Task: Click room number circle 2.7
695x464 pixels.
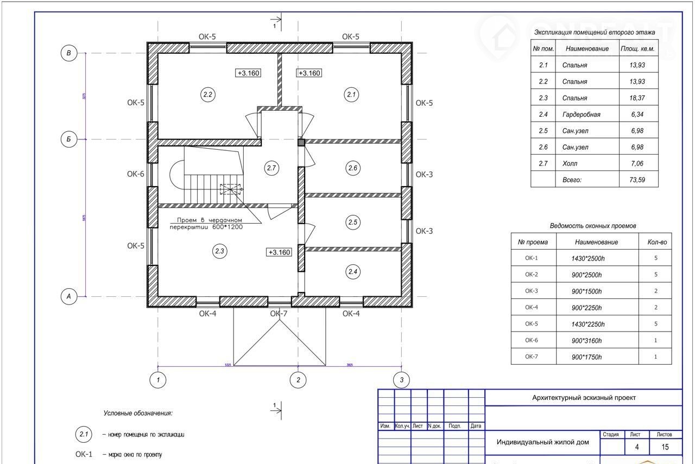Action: [271, 168]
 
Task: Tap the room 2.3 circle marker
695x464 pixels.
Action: [220, 251]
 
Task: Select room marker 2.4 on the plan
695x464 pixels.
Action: [353, 272]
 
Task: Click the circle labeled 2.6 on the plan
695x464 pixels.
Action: [353, 168]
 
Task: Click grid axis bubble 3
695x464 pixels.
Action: [402, 380]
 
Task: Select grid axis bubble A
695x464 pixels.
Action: [68, 297]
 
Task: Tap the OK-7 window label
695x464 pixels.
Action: [279, 314]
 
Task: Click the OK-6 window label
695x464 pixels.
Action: [136, 174]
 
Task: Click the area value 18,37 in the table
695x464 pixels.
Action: [637, 98]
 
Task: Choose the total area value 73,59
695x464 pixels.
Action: [637, 180]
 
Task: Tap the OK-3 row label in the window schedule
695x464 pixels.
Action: [533, 291]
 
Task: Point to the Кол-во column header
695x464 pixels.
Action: [655, 242]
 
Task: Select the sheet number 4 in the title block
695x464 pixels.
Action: [637, 447]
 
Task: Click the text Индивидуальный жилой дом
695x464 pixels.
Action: [542, 442]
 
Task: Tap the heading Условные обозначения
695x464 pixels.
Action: [138, 413]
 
